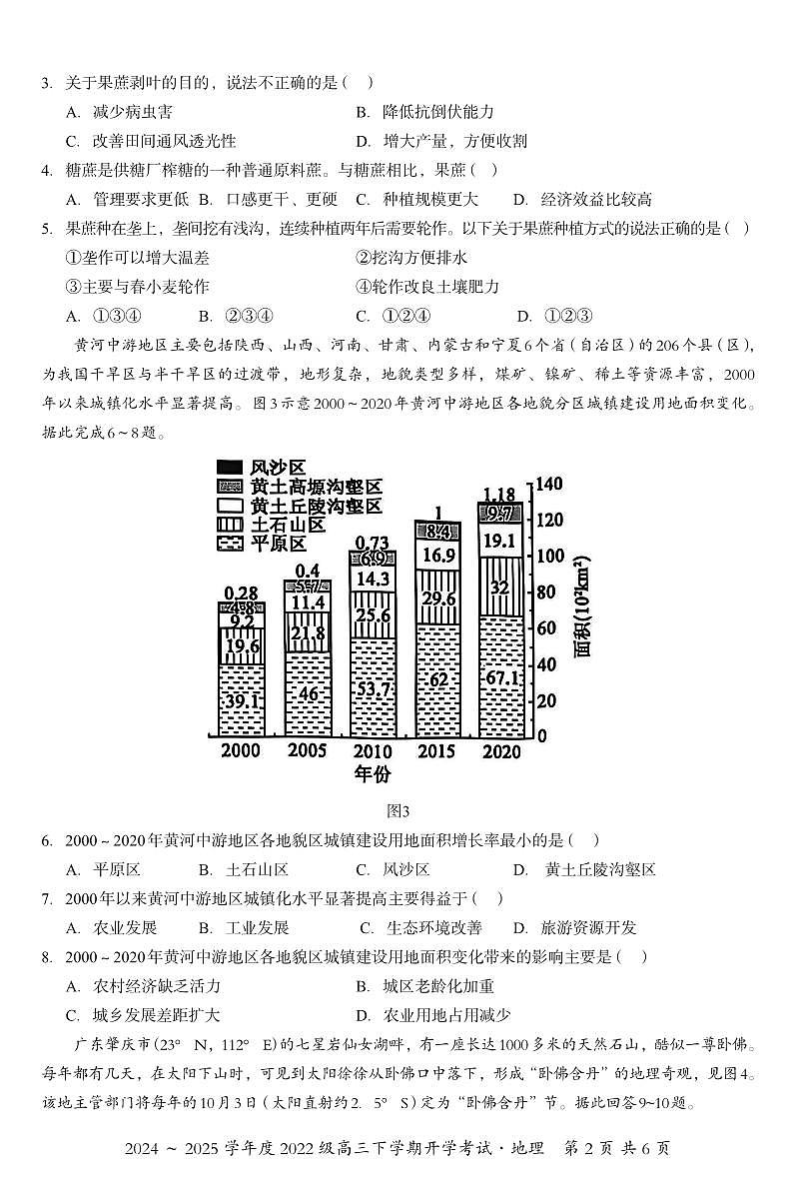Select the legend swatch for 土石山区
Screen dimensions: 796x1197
(229, 525)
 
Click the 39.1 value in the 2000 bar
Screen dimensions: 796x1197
(241, 700)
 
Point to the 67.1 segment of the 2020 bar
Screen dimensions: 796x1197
(502, 679)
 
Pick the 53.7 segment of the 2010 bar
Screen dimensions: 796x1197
(373, 690)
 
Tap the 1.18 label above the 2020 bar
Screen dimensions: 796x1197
(498, 494)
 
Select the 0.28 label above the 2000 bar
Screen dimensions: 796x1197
(241, 593)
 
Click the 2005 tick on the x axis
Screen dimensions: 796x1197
(306, 751)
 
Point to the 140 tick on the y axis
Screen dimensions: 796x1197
(550, 484)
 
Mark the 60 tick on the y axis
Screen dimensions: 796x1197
(547, 628)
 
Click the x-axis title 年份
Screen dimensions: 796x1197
(373, 774)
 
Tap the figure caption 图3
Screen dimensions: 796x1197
(398, 810)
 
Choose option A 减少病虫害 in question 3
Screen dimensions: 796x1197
(118, 112)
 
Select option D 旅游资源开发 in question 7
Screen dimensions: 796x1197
(573, 927)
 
